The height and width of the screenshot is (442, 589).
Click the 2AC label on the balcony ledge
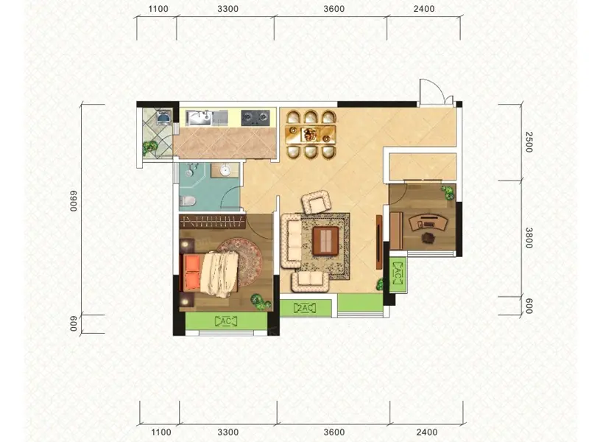point(305,309)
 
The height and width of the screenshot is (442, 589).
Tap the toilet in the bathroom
point(188,200)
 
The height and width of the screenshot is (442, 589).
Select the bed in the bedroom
point(210,273)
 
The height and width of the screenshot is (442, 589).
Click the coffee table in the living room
point(325,241)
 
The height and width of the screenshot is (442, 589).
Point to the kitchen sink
point(199,118)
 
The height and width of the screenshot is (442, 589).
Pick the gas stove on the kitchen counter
point(255,118)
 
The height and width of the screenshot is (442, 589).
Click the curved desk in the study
point(428,222)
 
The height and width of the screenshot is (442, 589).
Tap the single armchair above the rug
point(317,202)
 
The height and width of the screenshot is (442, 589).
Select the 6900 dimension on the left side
point(73,201)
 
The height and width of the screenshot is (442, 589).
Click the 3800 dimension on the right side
point(529,237)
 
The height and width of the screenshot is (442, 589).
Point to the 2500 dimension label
point(529,141)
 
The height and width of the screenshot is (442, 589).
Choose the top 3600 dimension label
point(334,9)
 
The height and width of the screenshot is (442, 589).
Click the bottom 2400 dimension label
point(426,432)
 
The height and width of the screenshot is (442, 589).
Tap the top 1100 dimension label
point(158,9)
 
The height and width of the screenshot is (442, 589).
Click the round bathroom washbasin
point(225,170)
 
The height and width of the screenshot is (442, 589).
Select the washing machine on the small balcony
point(163,117)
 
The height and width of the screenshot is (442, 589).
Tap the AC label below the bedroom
point(226,321)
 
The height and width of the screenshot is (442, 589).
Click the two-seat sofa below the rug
point(310,282)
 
